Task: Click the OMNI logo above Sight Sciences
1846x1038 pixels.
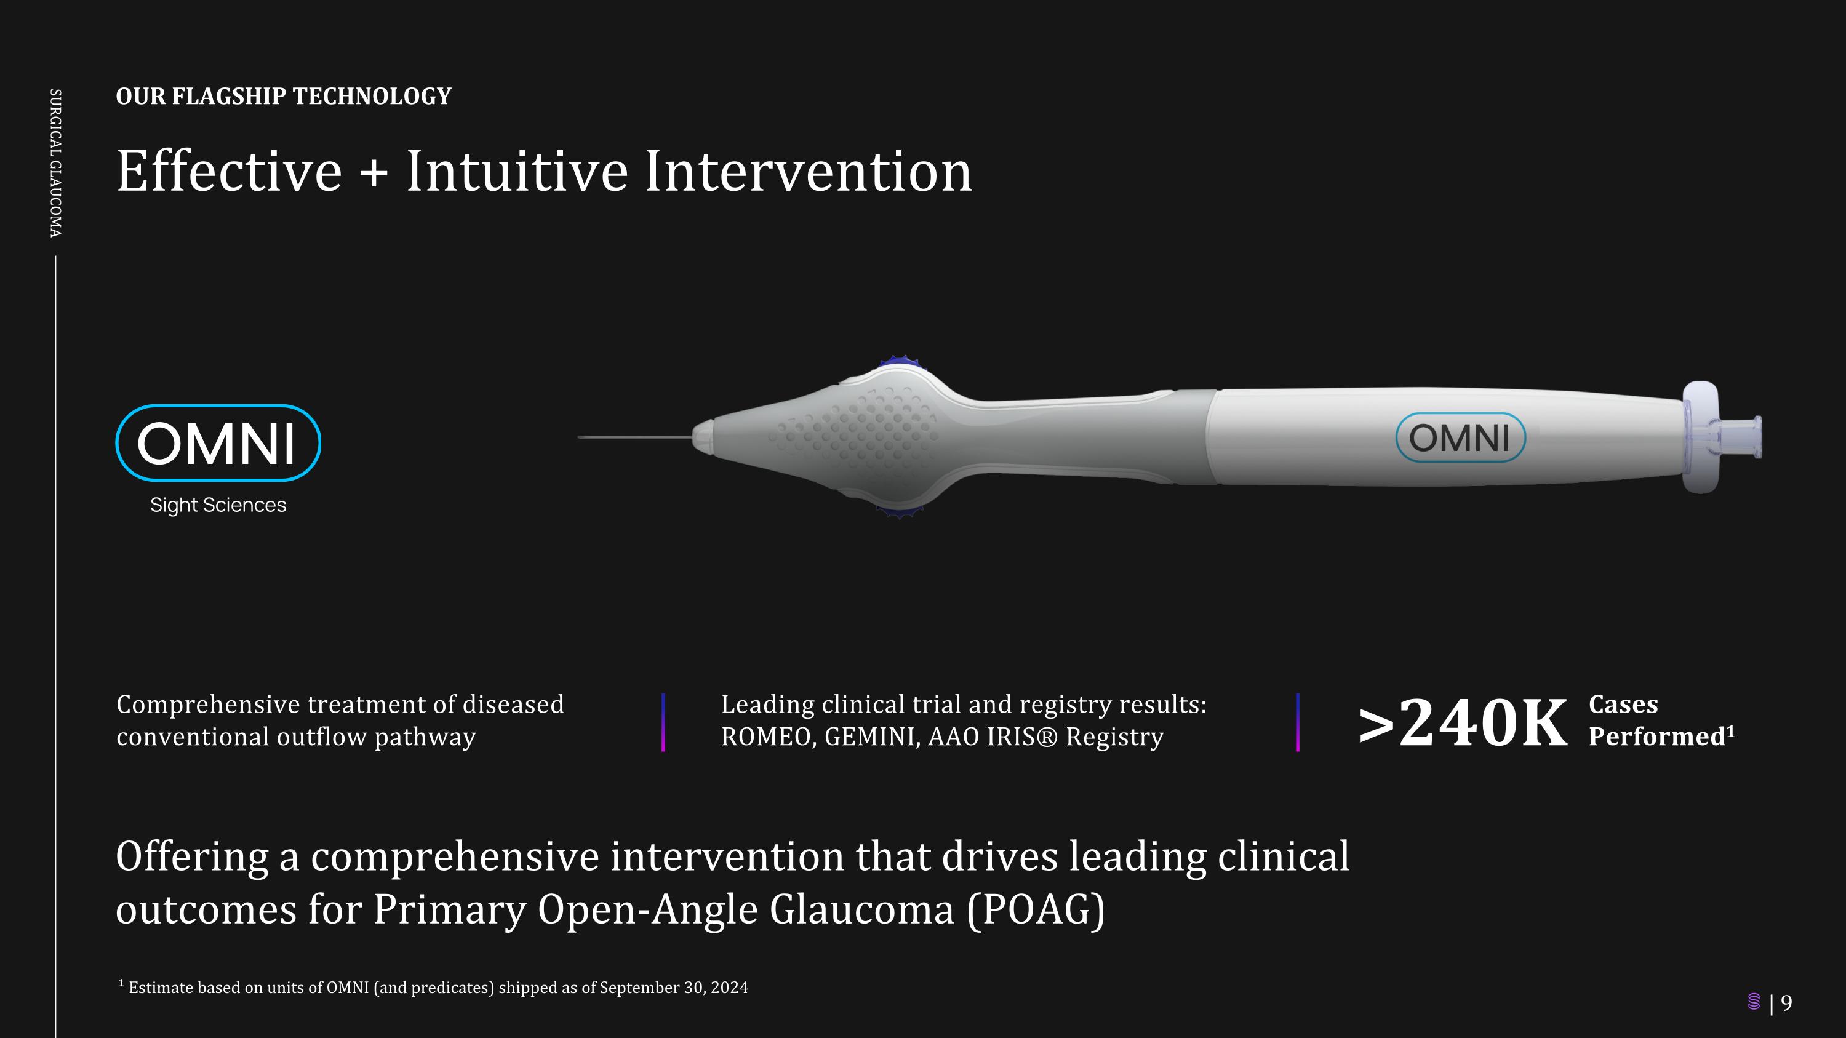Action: click(218, 443)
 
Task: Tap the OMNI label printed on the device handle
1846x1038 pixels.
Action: click(1460, 437)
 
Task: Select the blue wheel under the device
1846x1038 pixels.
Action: click(898, 511)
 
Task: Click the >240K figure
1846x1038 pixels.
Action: click(1462, 722)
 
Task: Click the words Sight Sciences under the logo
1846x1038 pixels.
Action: click(218, 505)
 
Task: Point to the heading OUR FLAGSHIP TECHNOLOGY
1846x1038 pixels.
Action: click(284, 96)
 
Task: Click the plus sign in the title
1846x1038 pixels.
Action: click(374, 172)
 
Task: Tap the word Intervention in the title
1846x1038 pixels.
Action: click(809, 171)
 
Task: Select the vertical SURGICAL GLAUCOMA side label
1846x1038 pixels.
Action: click(55, 162)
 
